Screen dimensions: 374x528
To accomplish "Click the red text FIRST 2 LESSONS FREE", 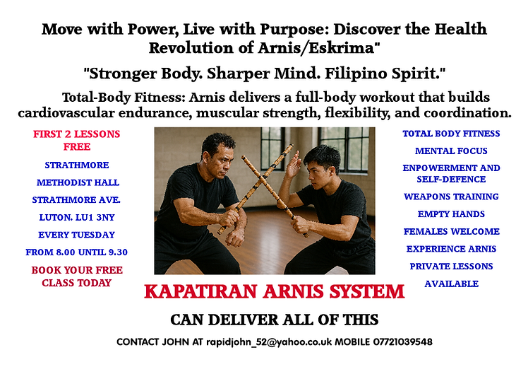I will (76, 140).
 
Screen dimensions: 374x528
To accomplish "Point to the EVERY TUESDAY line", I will (76, 235).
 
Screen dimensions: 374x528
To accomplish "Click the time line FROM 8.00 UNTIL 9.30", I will (76, 252).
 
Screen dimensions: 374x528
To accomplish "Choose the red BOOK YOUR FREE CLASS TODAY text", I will (76, 276).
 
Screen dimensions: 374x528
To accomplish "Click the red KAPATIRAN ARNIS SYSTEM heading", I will (274, 291).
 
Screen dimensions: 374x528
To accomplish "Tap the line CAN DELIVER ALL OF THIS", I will (274, 319).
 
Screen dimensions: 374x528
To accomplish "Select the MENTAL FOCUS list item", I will (451, 151).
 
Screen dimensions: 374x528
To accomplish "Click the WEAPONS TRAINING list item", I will (451, 197).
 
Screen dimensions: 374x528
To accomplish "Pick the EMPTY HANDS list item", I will (451, 214).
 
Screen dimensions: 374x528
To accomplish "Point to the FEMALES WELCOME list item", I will (451, 231).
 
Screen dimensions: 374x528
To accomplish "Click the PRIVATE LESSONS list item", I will (451, 267).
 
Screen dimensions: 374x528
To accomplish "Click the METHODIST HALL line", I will (76, 182).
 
